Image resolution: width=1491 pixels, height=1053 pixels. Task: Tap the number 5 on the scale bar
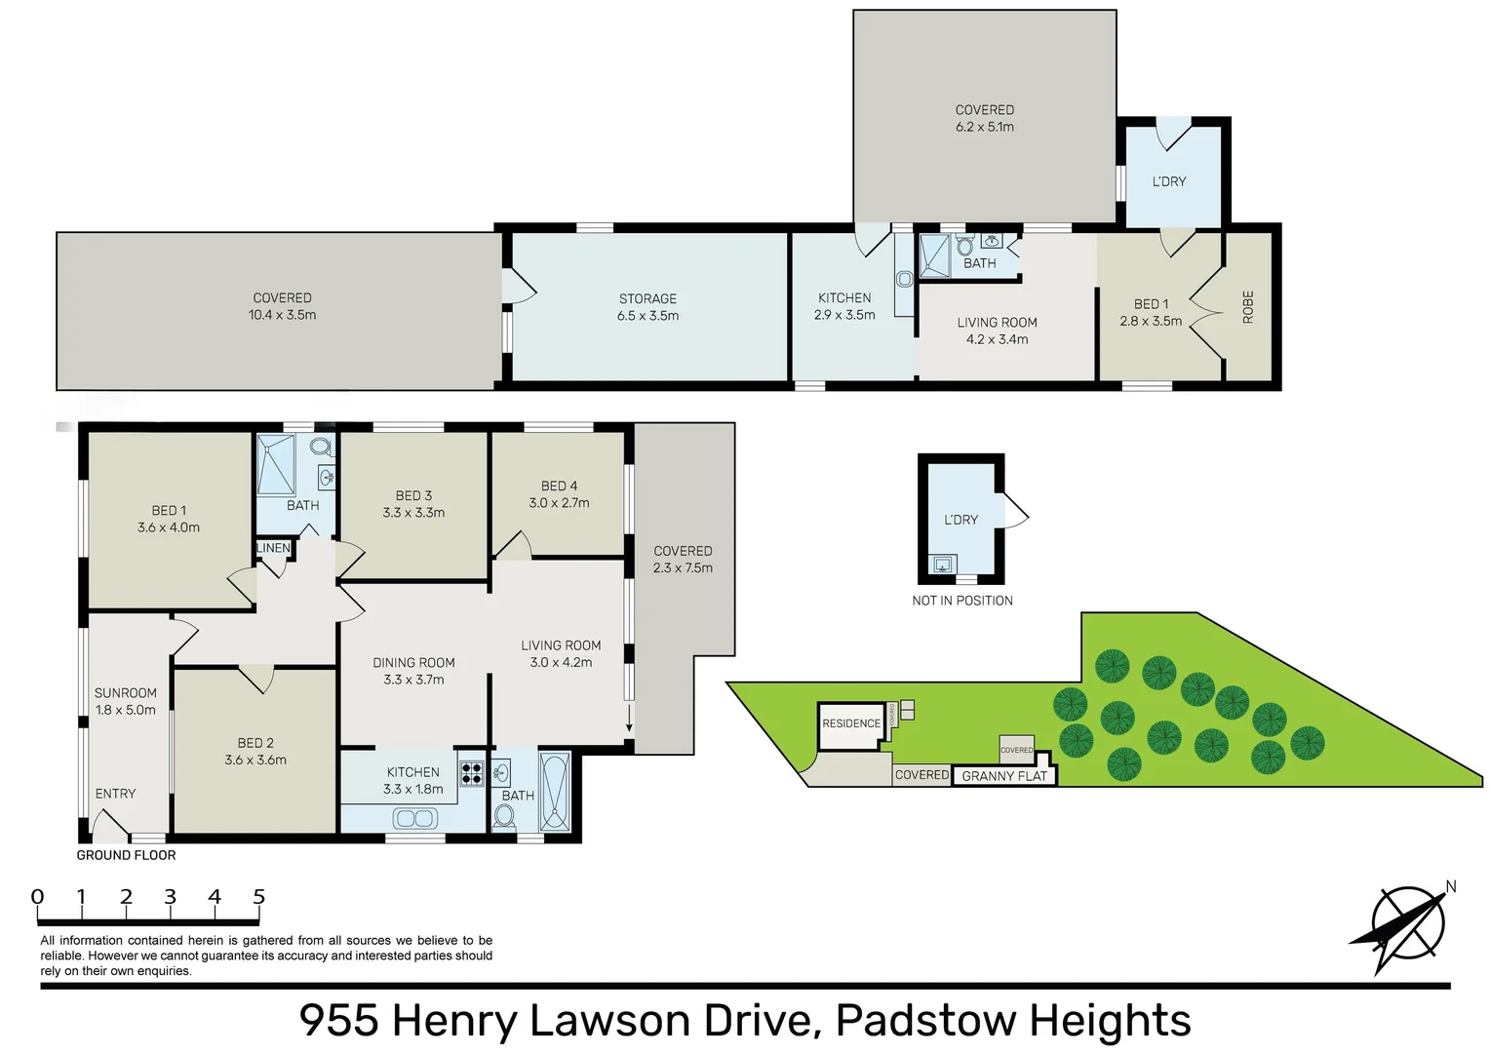[x=258, y=896]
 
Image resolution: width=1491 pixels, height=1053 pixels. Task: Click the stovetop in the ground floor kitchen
[x=472, y=773]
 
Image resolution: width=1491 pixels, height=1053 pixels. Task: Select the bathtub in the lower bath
[x=555, y=792]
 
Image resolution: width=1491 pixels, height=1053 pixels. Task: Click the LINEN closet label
[x=273, y=548]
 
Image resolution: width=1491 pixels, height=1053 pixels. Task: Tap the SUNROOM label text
[x=125, y=693]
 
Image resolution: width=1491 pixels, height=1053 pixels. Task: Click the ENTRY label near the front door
[x=115, y=794]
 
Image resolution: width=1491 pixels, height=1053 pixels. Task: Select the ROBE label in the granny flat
[x=1247, y=307]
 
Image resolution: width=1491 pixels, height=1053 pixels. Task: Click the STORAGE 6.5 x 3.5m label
[x=647, y=307]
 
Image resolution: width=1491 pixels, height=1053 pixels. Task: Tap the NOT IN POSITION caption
[x=961, y=601]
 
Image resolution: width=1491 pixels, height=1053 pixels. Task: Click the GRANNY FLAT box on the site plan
[x=1003, y=776]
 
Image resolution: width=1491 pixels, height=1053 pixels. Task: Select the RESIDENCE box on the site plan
[x=850, y=723]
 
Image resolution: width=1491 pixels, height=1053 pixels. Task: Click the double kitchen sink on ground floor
[x=414, y=819]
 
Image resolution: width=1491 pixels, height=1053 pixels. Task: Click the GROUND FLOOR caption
[x=126, y=855]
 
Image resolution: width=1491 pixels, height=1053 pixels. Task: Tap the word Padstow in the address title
[x=925, y=1020]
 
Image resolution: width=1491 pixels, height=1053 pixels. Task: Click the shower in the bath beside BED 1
[x=276, y=465]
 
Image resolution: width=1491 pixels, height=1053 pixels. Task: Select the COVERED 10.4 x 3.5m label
[x=282, y=306]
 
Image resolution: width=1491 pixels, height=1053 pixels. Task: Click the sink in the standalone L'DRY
[x=942, y=565]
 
